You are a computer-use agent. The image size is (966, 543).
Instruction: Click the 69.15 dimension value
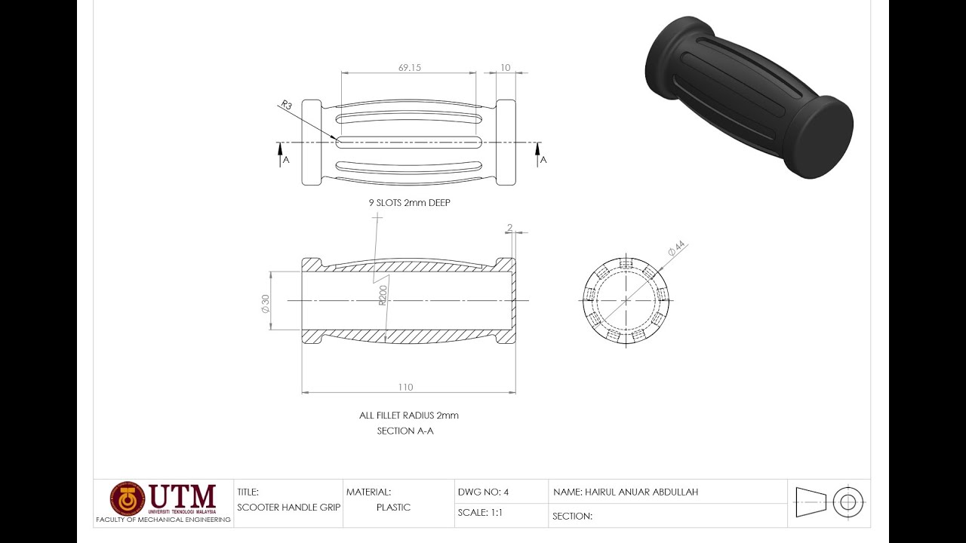pos(409,68)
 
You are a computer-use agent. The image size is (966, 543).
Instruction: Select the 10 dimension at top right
pos(505,68)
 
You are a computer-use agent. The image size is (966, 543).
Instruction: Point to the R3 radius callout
pos(286,106)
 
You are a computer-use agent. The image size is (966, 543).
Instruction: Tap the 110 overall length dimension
pos(405,387)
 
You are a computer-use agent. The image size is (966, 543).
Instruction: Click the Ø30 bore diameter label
pos(265,302)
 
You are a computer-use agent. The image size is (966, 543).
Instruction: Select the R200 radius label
pos(383,296)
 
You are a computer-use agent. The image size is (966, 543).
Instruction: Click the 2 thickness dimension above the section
pos(509,228)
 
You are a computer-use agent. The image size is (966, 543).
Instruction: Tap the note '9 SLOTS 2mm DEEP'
pos(409,203)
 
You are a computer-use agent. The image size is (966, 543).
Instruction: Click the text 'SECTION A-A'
pos(405,431)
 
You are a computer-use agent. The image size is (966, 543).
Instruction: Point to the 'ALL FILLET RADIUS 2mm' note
pos(408,416)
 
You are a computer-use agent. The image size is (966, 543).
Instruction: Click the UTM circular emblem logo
pos(127,499)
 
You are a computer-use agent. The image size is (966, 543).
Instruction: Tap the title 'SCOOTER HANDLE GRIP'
pos(288,508)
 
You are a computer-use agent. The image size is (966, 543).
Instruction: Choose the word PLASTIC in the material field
pos(393,508)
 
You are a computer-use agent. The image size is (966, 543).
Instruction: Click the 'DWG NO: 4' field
pos(483,492)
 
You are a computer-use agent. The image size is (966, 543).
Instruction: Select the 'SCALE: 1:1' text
pos(480,513)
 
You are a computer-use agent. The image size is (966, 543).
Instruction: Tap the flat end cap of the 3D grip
pos(826,137)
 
